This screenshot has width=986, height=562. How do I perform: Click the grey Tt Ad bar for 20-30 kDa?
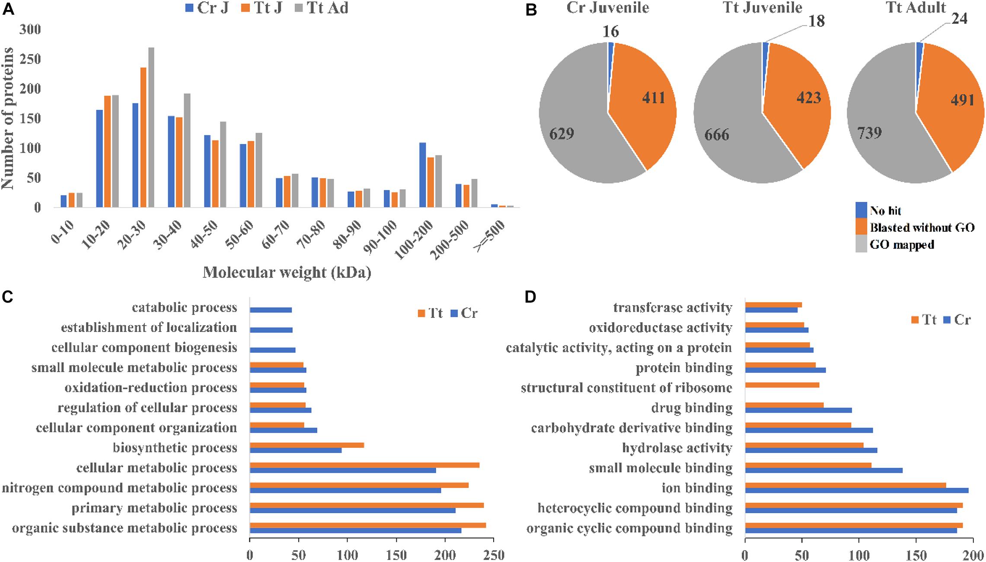[139, 128]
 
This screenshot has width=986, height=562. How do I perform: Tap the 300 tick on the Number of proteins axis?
[30, 29]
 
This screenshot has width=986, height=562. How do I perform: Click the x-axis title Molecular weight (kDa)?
[287, 272]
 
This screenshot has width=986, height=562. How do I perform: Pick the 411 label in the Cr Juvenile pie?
[653, 98]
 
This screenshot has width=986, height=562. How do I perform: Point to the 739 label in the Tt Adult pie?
[869, 132]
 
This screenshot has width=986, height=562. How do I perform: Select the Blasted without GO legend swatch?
[862, 228]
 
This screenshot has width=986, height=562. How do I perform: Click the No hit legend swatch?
[862, 211]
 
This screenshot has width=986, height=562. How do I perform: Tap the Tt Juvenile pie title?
[763, 7]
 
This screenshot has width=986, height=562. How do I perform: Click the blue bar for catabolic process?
[271, 310]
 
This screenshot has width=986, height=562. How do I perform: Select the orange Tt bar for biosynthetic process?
[307, 445]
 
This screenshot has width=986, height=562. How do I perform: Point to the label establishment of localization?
[149, 328]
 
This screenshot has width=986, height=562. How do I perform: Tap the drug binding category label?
[692, 408]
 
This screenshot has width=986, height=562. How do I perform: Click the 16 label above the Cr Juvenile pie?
[611, 31]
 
